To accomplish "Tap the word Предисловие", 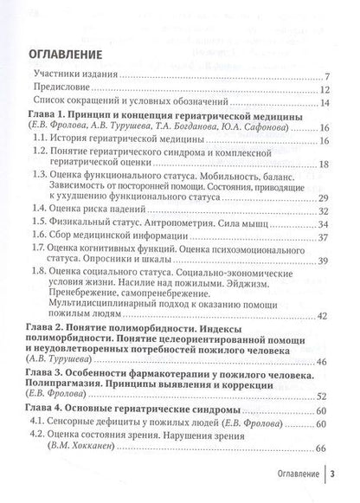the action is (55, 90).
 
